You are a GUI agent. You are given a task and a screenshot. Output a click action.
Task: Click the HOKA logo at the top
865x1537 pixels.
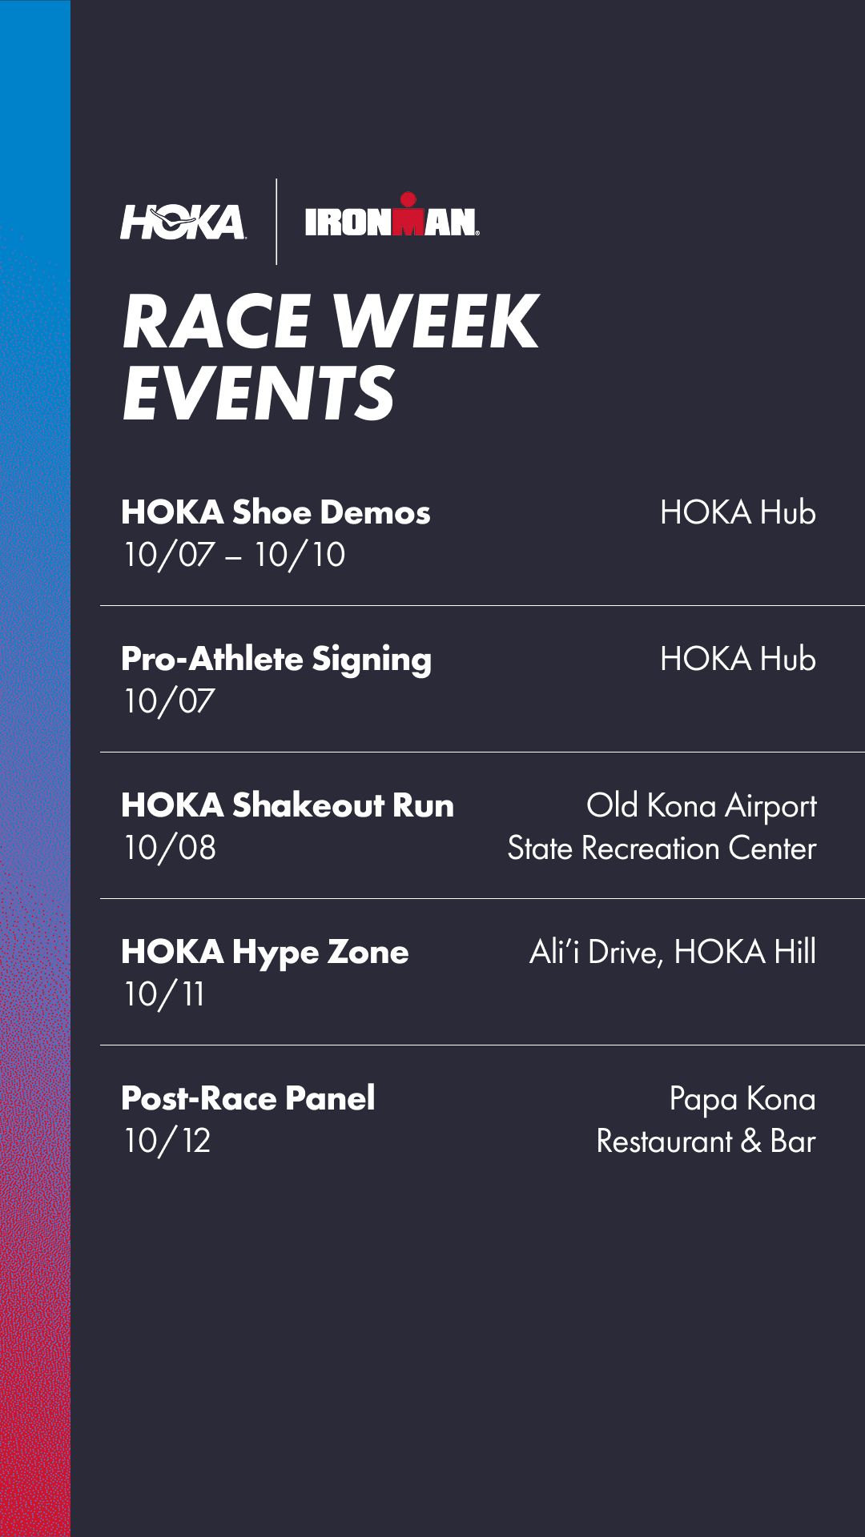tap(183, 222)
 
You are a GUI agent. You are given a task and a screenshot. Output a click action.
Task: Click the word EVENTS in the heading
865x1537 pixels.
tap(259, 391)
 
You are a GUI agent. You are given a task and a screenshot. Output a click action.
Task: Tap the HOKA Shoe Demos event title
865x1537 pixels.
tap(276, 512)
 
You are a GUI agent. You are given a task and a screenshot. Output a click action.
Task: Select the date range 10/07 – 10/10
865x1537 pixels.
tap(234, 555)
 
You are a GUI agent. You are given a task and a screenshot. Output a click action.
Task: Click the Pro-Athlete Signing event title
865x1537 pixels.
tap(276, 660)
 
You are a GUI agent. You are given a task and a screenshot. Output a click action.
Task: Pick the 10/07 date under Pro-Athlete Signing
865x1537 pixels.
tap(169, 701)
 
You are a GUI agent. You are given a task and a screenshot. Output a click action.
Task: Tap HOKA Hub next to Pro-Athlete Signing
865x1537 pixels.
tap(738, 659)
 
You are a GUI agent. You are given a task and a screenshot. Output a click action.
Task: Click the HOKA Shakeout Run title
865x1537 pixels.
tap(288, 805)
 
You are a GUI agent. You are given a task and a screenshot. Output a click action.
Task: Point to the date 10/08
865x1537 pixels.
tap(170, 848)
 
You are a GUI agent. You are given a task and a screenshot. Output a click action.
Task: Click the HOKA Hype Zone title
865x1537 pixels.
tap(265, 953)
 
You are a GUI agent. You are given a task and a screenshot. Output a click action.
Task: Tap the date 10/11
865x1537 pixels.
tap(164, 994)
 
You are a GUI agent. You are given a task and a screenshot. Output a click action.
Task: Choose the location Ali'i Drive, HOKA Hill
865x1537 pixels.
tap(673, 953)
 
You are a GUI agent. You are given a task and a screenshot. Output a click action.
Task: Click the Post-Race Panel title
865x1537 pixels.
tap(248, 1098)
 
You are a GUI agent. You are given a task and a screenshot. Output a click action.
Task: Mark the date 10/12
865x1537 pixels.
tap(167, 1141)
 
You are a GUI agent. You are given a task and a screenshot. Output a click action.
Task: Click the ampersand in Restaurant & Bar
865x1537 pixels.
tap(751, 1142)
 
